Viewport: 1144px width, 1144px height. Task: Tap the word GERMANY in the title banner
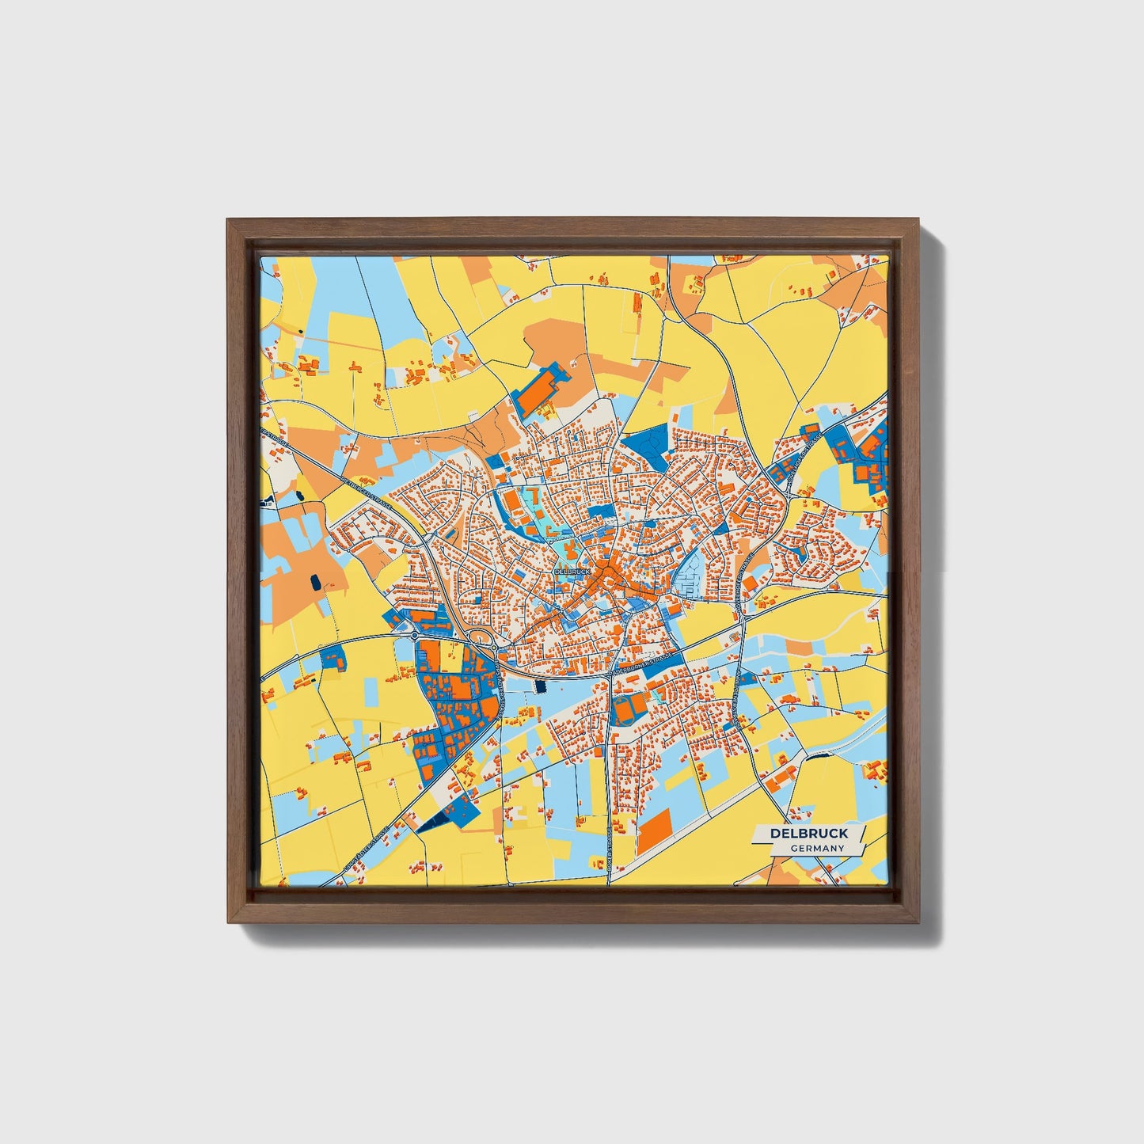(817, 848)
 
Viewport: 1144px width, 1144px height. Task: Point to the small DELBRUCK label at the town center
(572, 571)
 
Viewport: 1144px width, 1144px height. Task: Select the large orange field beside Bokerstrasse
(654, 828)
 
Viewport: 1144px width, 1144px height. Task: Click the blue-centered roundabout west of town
(414, 635)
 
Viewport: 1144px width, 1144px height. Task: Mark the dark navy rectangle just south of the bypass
(542, 687)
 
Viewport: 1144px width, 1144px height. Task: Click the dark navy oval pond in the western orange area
(317, 583)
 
